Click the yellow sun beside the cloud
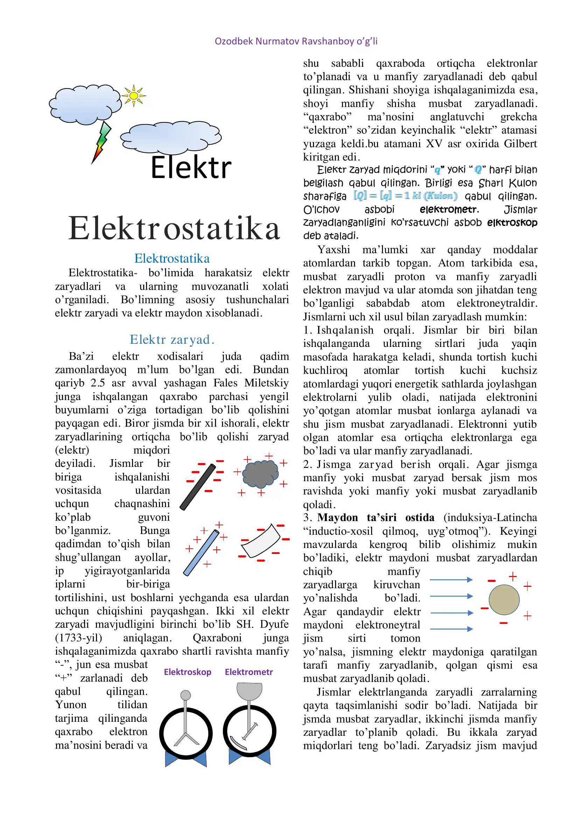[134, 95]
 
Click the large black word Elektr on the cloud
[191, 168]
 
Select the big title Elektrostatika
[174, 228]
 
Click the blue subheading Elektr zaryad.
[172, 340]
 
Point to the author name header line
[296, 41]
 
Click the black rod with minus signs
[198, 487]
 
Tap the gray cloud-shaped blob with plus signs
[260, 474]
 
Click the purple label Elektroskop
[188, 672]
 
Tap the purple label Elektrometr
[249, 672]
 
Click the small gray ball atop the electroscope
[186, 695]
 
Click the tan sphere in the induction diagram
[504, 600]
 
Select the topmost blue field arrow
[451, 579]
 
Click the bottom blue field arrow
[451, 629]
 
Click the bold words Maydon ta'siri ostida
[376, 518]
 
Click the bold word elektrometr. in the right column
[449, 209]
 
